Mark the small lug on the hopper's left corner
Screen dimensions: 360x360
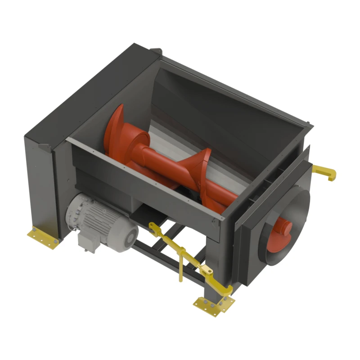pos(45,146)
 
